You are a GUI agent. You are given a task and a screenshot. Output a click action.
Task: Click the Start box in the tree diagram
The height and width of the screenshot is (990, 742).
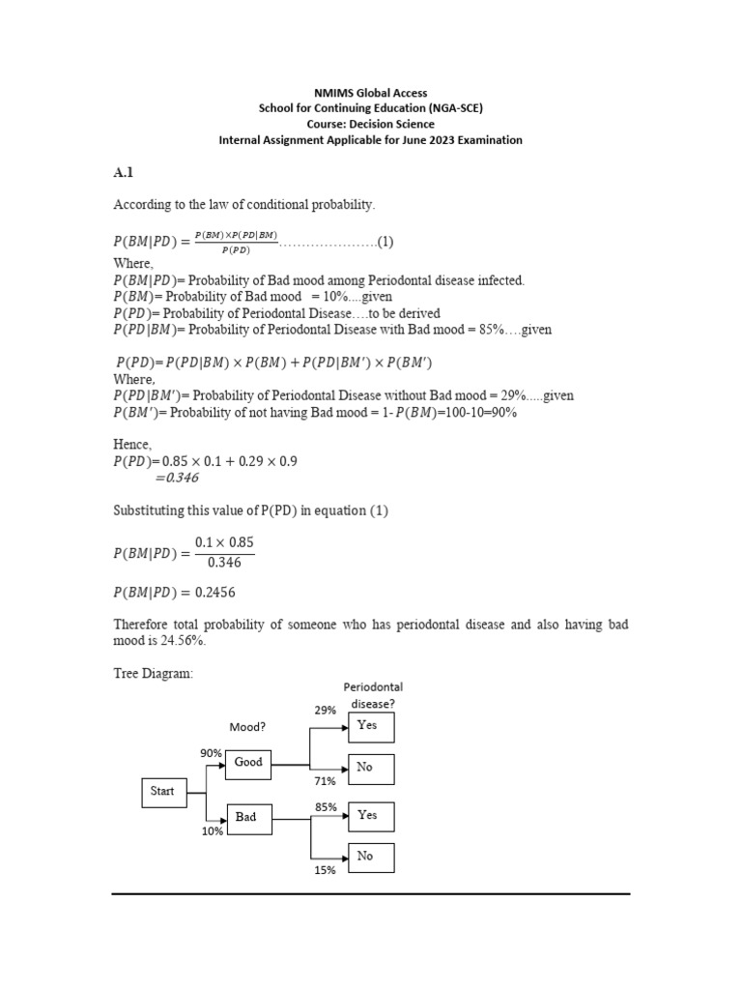tap(163, 792)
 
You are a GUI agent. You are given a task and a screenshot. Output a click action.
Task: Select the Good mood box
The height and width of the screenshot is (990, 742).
tap(249, 763)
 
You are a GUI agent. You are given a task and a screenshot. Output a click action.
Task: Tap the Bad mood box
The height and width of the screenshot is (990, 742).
tap(247, 817)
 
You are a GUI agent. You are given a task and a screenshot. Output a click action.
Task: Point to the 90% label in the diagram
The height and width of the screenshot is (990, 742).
tap(212, 753)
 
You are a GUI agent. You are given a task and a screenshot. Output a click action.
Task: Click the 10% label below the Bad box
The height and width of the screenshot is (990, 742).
tap(213, 830)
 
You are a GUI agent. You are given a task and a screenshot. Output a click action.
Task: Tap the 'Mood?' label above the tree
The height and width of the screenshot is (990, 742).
tap(246, 727)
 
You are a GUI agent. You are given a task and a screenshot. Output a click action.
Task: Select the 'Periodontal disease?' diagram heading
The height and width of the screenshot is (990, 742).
tap(373, 695)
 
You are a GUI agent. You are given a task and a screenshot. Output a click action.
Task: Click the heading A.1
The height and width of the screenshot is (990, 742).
tap(123, 173)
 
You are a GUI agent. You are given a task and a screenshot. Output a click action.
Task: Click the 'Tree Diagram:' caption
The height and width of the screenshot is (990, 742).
tap(154, 674)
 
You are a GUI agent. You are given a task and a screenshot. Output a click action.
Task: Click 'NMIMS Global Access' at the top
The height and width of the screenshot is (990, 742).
tap(371, 93)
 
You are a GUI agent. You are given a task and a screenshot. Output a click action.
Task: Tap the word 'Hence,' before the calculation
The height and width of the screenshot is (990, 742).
tap(132, 444)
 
